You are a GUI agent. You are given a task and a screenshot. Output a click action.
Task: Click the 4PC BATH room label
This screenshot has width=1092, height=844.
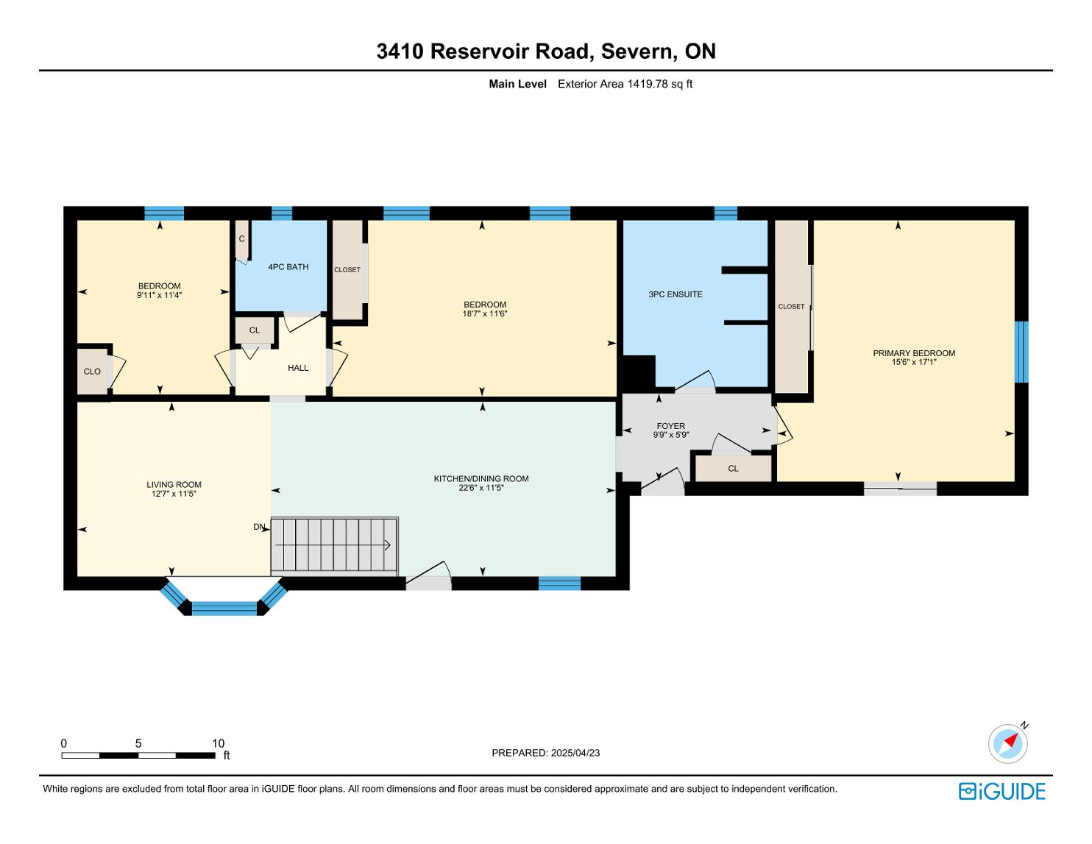click(288, 267)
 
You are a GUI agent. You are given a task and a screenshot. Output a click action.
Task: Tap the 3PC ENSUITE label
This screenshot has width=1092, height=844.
click(675, 294)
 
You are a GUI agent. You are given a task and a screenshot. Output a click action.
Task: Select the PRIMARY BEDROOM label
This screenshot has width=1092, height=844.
click(914, 353)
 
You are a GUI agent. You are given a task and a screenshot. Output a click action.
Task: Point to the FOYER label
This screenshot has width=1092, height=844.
click(670, 426)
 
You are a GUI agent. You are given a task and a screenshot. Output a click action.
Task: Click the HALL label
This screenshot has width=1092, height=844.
click(298, 368)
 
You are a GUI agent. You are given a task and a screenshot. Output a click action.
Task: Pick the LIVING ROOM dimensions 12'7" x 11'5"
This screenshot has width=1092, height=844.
click(174, 494)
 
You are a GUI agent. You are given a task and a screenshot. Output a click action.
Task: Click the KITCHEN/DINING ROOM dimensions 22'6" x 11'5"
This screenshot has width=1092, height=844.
click(481, 488)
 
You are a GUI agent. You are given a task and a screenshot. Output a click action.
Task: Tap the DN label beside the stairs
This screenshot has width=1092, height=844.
click(259, 527)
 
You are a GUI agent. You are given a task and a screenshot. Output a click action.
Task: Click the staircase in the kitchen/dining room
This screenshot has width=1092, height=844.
click(335, 545)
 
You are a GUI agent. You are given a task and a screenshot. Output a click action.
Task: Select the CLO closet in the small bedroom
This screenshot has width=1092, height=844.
click(92, 372)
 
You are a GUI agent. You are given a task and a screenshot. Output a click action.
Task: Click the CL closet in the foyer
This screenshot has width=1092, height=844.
click(733, 469)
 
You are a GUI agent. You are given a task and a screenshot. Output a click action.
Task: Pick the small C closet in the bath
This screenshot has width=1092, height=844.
click(241, 239)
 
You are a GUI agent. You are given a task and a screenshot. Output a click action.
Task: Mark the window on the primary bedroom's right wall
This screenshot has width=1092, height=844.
click(1021, 352)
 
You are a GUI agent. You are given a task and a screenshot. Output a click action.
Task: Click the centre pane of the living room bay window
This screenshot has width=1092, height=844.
click(224, 609)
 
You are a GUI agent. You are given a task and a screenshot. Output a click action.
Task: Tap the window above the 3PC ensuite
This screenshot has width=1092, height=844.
click(726, 213)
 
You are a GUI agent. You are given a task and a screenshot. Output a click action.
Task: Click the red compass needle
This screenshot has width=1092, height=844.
click(1011, 740)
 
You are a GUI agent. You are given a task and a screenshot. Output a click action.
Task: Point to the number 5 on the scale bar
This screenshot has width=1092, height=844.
click(138, 743)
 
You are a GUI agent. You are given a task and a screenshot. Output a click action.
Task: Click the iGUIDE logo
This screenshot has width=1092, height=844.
click(1002, 791)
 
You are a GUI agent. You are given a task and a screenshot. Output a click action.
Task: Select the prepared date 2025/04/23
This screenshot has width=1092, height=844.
click(575, 753)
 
